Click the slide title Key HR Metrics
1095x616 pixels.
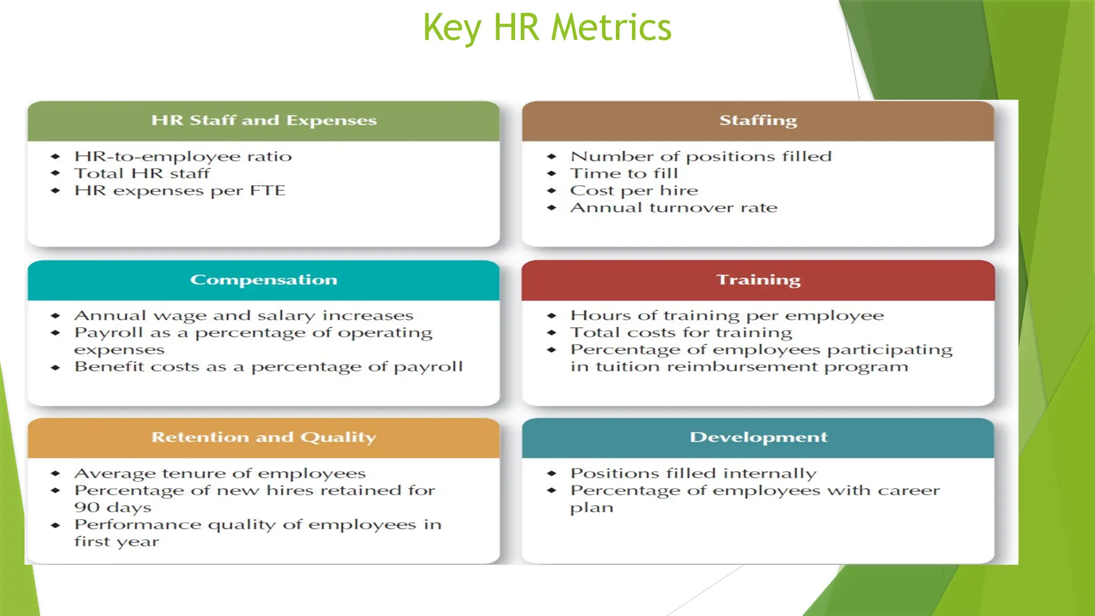547,28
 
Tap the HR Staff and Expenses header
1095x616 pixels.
264,120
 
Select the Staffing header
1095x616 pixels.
758,120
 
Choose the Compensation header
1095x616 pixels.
264,280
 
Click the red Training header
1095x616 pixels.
758,280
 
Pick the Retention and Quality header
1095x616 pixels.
264,437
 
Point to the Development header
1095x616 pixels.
758,437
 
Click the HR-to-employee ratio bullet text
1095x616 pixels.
183,157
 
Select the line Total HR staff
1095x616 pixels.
142,174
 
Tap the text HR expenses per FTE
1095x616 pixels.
180,191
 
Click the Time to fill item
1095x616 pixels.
624,174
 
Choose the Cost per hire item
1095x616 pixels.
634,191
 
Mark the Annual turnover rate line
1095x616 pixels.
674,207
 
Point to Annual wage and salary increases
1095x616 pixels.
244,316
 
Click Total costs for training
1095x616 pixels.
681,333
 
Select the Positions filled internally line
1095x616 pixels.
693,474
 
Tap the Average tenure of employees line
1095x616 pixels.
220,474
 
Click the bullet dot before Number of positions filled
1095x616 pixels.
552,157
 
